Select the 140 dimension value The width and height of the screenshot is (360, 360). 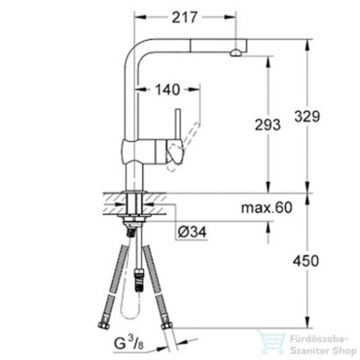point(168,90)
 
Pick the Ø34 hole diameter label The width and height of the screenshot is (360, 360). point(190,232)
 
